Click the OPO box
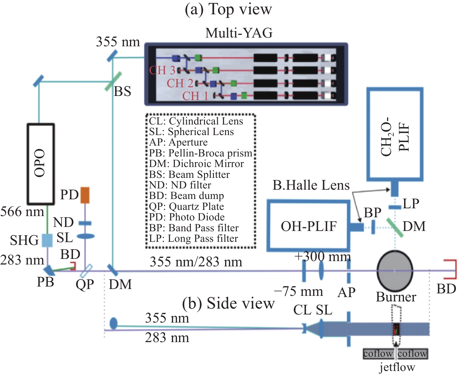[41, 164]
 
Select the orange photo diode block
[85, 195]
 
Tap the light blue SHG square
[47, 240]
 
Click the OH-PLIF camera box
[308, 226]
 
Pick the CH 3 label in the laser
[162, 70]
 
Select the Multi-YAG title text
[239, 33]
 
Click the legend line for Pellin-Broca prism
[201, 153]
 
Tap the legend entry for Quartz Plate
[187, 206]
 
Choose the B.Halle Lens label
[311, 185]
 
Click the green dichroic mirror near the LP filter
[395, 228]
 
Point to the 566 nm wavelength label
[22, 212]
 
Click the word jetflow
[397, 367]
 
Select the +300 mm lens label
[323, 256]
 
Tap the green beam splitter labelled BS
[113, 81]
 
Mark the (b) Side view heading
[228, 303]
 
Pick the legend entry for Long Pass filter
[193, 238]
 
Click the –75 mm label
[299, 291]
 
